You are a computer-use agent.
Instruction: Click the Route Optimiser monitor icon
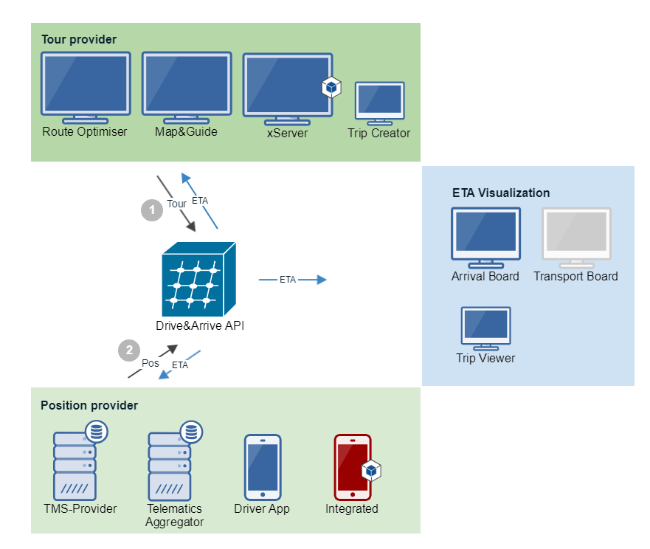pos(86,88)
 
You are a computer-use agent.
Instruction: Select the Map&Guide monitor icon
pos(187,88)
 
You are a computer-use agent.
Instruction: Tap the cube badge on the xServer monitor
pos(331,87)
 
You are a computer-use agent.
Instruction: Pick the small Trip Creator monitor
pos(380,103)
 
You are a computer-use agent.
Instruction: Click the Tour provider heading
pos(79,39)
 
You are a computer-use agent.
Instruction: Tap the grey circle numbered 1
pos(152,210)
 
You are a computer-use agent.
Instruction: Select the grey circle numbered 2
pos(129,351)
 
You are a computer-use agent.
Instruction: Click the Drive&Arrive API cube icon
pos(199,279)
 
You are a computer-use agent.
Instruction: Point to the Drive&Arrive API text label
pos(200,326)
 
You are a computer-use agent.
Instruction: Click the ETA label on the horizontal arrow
pos(288,280)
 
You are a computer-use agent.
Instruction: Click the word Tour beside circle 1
pos(176,204)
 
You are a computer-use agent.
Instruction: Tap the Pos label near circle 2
pos(151,363)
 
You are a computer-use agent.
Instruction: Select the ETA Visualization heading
pos(501,193)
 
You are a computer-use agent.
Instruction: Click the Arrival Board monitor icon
pos(486,238)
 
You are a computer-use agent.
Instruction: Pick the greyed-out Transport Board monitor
pos(577,238)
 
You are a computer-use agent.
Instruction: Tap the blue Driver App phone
pos(263,467)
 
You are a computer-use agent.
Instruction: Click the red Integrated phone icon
pos(353,467)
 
